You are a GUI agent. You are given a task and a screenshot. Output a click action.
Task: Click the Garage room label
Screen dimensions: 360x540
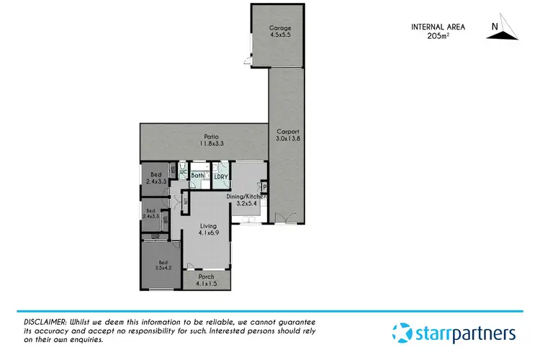(280, 29)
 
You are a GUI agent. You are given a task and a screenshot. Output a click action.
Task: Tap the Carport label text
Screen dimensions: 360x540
(287, 131)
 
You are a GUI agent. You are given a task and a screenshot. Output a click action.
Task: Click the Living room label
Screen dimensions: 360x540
(207, 227)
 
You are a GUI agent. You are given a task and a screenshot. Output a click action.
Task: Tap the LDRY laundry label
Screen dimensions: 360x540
(221, 176)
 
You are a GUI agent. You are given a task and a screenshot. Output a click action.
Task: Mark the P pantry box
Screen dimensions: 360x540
(265, 189)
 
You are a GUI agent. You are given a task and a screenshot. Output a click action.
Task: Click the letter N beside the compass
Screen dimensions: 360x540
(493, 27)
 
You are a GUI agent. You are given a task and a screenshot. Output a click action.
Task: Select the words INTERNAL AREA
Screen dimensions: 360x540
(438, 27)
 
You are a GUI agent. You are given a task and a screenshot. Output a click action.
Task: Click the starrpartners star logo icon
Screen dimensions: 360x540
(402, 333)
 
